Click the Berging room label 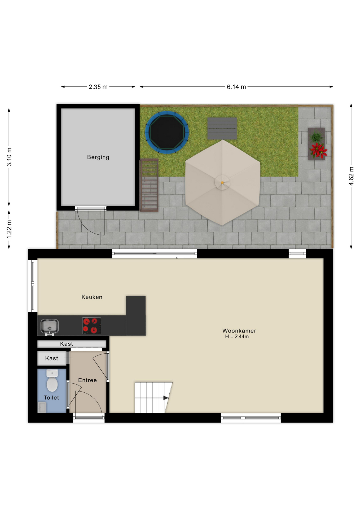(x=98, y=157)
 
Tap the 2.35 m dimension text (x=98, y=87)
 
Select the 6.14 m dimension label (x=236, y=87)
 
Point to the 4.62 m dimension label (x=351, y=176)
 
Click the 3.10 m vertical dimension (x=9, y=157)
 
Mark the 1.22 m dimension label (x=9, y=229)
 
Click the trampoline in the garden (x=167, y=132)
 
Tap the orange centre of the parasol (x=222, y=183)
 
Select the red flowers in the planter (x=318, y=150)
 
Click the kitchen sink (x=50, y=327)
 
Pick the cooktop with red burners (x=92, y=326)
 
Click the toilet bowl (x=52, y=381)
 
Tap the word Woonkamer (x=239, y=331)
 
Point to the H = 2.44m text (x=237, y=337)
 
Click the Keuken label (x=92, y=297)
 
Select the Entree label (x=87, y=380)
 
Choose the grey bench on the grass (x=222, y=129)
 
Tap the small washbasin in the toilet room (x=42, y=407)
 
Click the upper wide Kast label (x=67, y=344)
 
